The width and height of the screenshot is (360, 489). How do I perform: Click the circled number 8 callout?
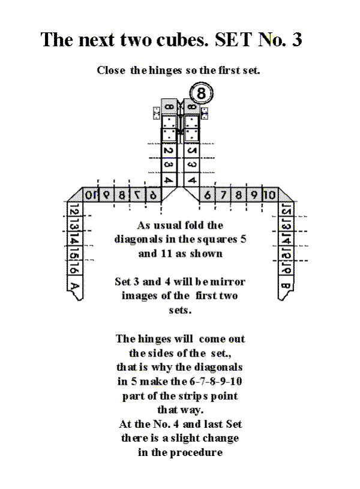[201, 93]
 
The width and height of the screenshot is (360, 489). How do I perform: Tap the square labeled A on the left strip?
[75, 286]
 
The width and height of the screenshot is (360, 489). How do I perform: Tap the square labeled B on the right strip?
[286, 286]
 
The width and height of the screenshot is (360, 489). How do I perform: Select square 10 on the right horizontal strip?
[270, 195]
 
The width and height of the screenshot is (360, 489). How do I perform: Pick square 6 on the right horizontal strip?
[208, 195]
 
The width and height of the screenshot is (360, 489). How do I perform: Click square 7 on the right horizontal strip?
[223, 195]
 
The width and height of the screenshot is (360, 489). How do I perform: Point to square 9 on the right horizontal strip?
[254, 195]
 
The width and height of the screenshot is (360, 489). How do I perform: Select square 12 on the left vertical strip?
[75, 209]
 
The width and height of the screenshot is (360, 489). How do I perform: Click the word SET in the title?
[233, 40]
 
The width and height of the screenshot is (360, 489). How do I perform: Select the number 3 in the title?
[296, 40]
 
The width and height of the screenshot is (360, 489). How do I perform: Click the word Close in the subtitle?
[111, 70]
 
